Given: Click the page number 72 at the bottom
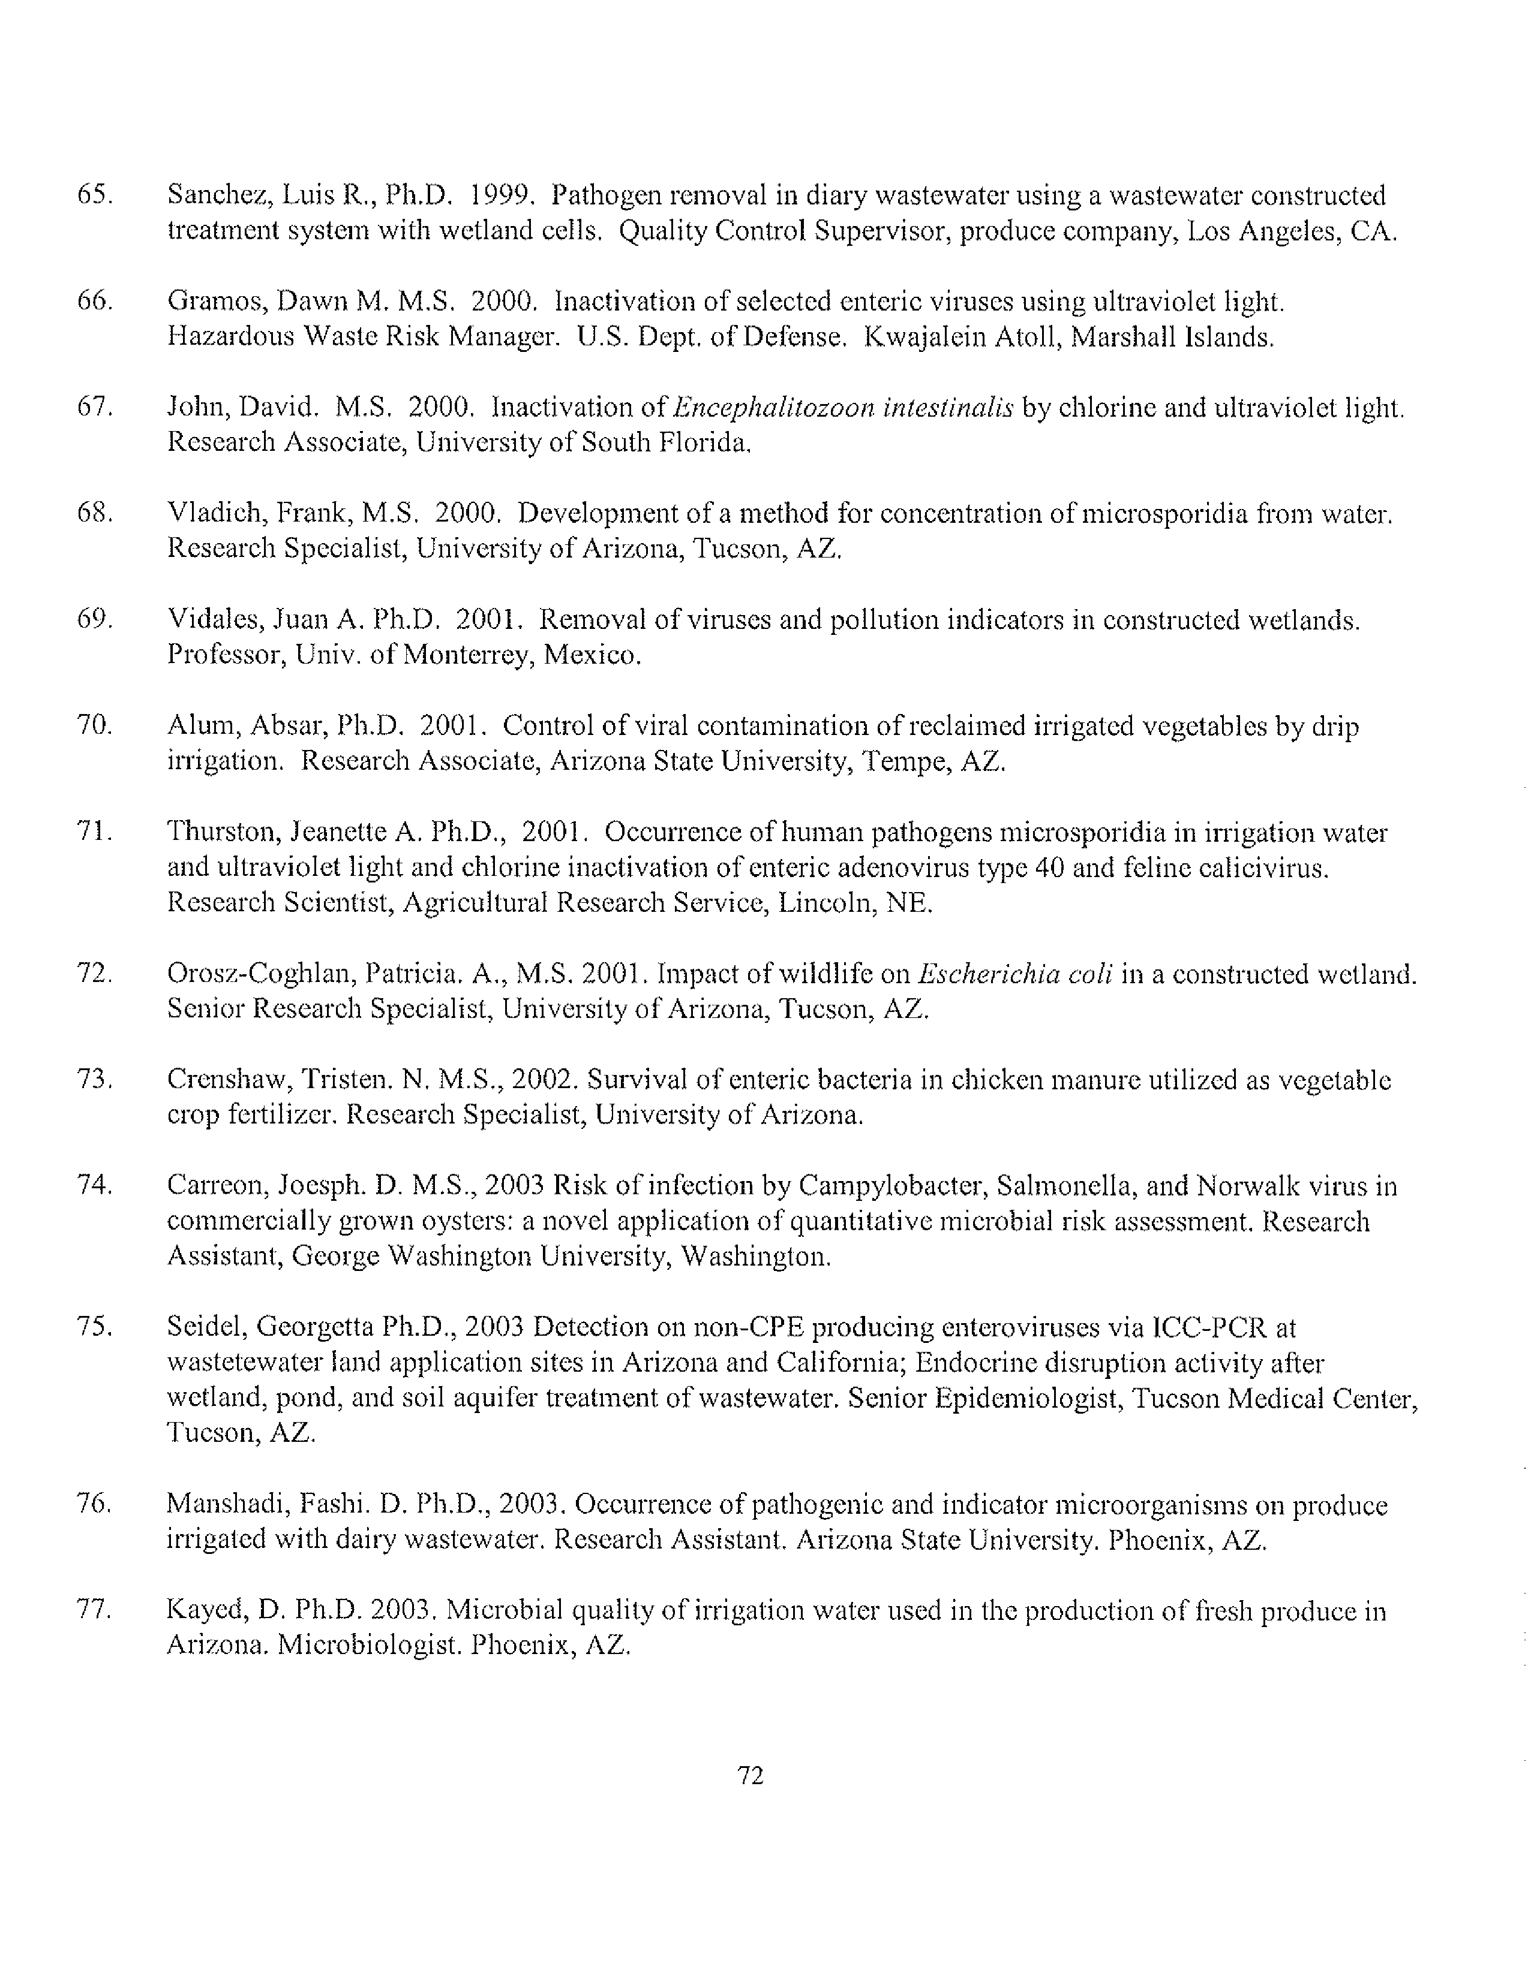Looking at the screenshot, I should tap(751, 1776).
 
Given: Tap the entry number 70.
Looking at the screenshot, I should tap(94, 725).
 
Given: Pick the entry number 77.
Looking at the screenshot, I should tap(94, 1610).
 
